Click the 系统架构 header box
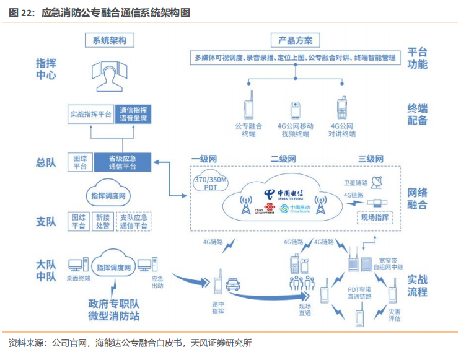(x=109, y=40)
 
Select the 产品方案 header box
(x=295, y=40)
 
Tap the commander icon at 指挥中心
(x=109, y=75)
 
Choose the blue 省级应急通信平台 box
(x=123, y=162)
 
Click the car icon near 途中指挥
(x=233, y=285)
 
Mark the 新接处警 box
(x=102, y=221)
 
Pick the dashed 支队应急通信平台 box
(x=133, y=221)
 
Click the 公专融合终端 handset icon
(x=248, y=105)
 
